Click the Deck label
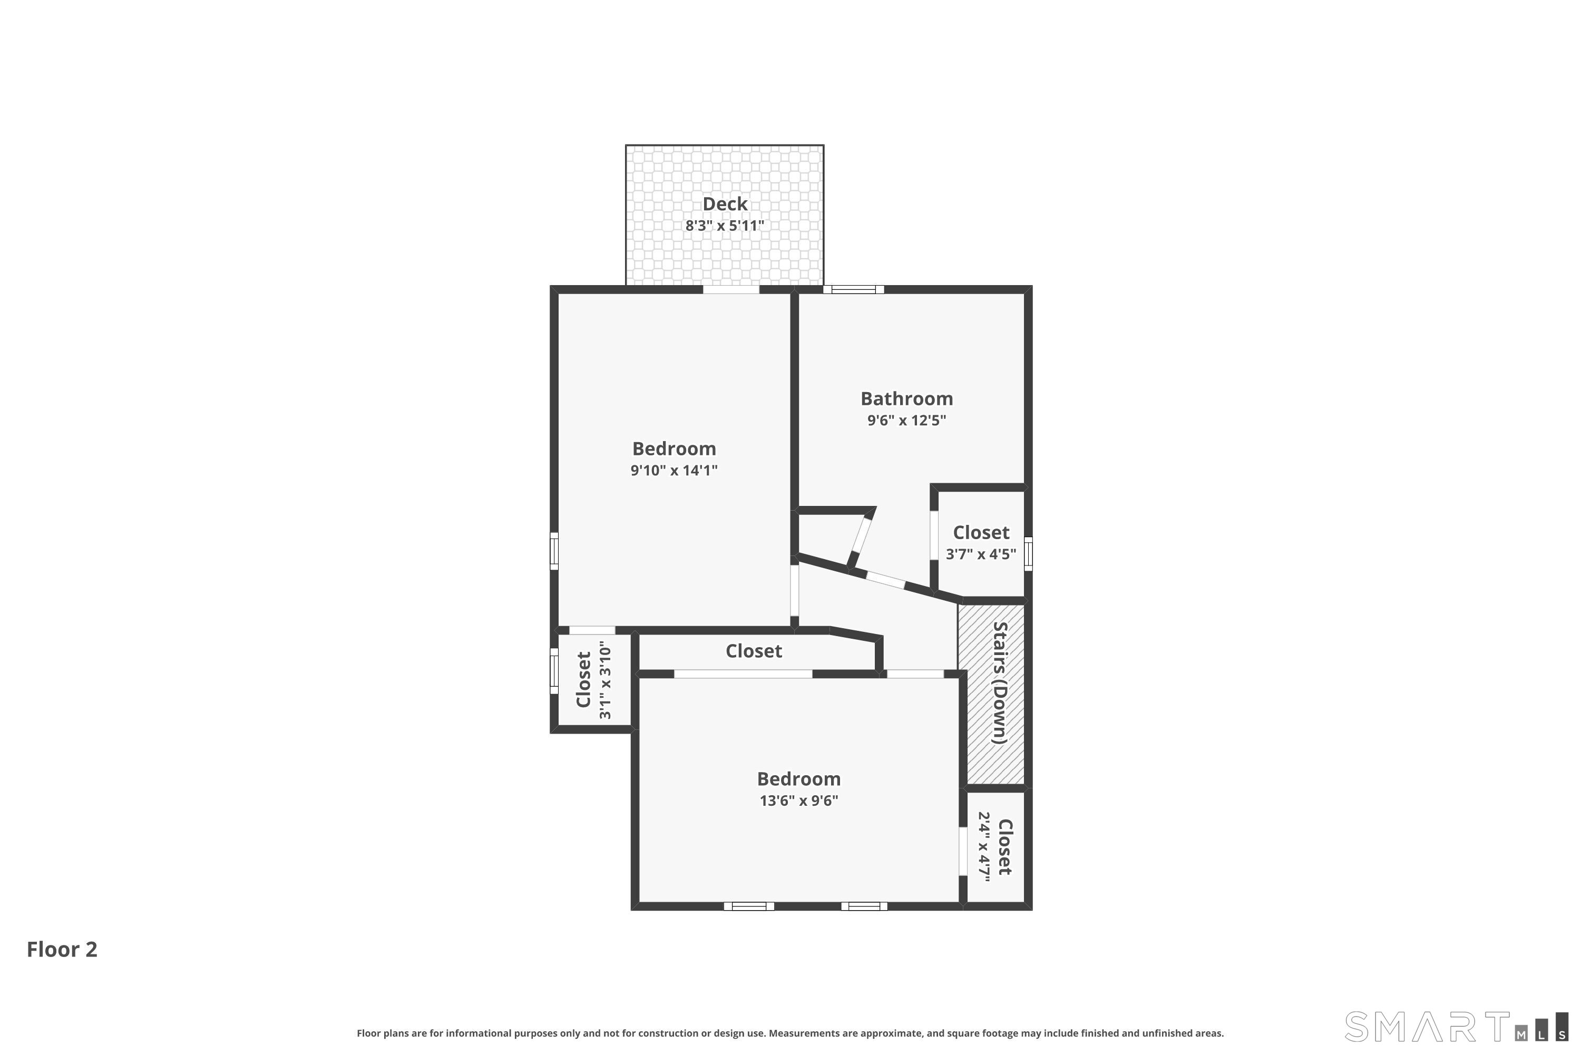(725, 203)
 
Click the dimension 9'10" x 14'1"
(674, 471)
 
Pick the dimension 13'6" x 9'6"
(798, 801)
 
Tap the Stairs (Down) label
(1000, 683)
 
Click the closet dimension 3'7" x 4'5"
(981, 554)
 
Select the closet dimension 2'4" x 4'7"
(984, 847)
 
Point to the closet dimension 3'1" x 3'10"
(605, 680)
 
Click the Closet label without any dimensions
(754, 651)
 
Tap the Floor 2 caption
(62, 949)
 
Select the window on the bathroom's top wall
(854, 290)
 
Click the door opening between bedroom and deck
(731, 290)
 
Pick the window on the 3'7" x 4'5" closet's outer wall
(1028, 554)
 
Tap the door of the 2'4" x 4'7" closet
(963, 851)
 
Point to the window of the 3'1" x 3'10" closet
(554, 671)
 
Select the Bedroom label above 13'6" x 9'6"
(798, 779)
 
